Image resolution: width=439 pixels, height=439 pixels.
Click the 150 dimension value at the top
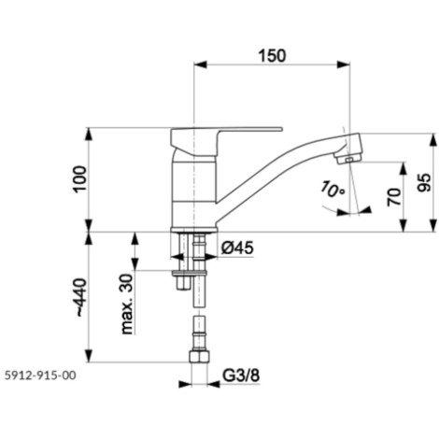(x=272, y=56)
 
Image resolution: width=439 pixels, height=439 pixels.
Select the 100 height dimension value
(x=80, y=179)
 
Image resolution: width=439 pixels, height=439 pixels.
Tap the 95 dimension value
(x=424, y=183)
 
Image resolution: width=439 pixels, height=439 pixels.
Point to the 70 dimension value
(x=394, y=196)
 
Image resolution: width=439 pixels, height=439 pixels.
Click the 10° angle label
(x=333, y=190)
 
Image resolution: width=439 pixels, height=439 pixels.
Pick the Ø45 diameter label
(x=237, y=248)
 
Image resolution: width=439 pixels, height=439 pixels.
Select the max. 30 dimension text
(x=127, y=304)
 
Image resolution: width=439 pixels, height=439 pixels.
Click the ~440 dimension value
(x=80, y=297)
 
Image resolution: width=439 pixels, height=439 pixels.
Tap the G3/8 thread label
(x=241, y=375)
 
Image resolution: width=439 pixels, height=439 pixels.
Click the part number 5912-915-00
(x=40, y=375)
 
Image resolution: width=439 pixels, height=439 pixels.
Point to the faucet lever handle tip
(x=281, y=128)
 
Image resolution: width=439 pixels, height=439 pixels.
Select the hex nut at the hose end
(x=199, y=357)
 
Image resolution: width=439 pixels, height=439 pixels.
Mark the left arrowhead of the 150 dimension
(x=200, y=64)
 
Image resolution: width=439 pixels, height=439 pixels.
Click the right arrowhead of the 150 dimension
(x=344, y=64)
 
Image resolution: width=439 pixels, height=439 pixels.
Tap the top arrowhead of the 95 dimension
(x=432, y=140)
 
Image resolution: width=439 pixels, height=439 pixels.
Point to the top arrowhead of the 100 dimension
(x=89, y=135)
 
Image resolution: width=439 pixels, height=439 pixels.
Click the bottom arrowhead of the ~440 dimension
(x=89, y=356)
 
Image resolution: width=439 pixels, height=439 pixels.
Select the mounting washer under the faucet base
(x=189, y=274)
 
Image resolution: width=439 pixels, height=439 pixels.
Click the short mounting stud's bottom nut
(x=183, y=283)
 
